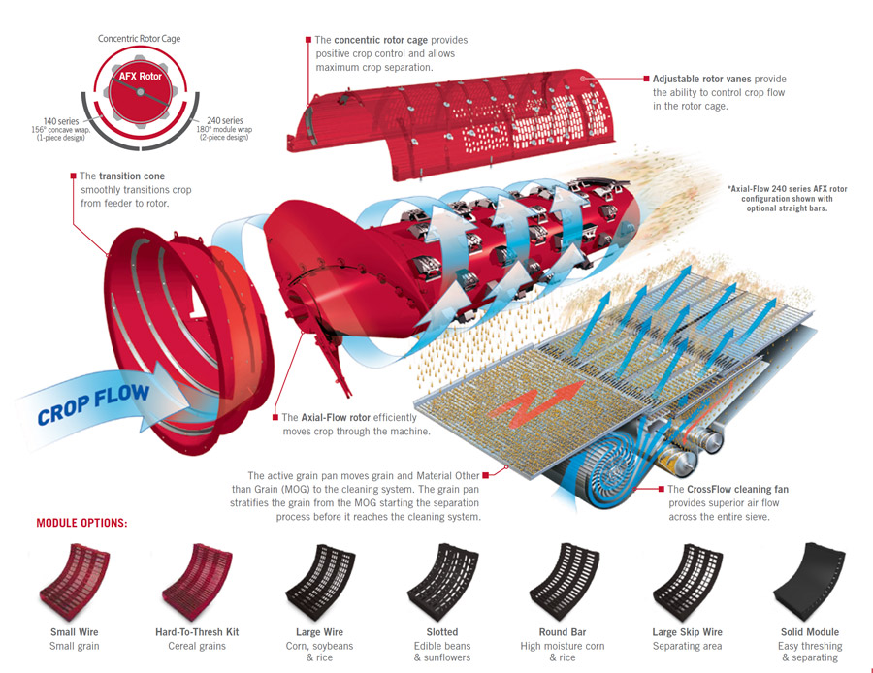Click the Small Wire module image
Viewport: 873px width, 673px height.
coord(75,583)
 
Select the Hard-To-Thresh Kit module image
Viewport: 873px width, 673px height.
coord(197,583)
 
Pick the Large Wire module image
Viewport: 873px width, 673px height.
coord(319,583)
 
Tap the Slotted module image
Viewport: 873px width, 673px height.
coord(442,583)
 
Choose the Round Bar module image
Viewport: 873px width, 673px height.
coord(565,583)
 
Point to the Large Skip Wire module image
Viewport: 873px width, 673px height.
coord(687,583)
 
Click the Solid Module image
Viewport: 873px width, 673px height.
coord(810,583)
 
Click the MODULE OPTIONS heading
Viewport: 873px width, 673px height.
coord(81,524)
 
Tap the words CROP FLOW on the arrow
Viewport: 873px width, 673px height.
coord(93,403)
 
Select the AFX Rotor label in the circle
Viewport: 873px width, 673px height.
coord(141,77)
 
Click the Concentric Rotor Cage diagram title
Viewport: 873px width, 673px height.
coord(139,39)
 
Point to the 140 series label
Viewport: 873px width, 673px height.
coord(61,121)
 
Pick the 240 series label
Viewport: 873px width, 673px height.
coord(225,120)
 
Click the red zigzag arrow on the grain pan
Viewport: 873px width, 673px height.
coord(537,403)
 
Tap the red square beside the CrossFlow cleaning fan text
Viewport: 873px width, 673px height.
coord(661,489)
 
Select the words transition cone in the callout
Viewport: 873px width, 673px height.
coord(131,176)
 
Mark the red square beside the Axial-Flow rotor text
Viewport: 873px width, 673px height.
coord(275,417)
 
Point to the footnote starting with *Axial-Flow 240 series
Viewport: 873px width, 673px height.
coord(787,198)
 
